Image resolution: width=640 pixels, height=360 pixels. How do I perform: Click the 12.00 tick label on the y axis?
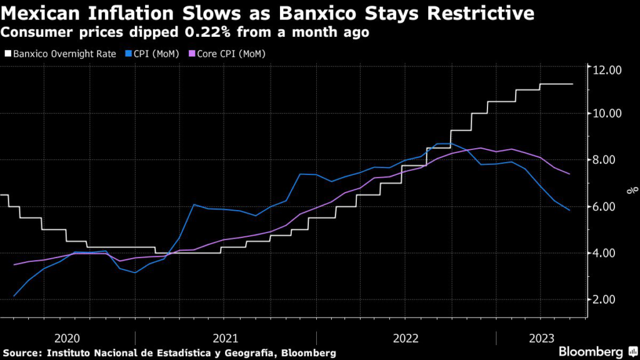[x=608, y=69]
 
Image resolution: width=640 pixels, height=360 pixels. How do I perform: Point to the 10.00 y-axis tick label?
[x=608, y=113]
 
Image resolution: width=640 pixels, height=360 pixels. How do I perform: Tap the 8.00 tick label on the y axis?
[x=608, y=160]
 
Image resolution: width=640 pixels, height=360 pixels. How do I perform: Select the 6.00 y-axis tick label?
[x=608, y=206]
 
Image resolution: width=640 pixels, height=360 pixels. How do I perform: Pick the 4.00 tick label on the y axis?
[x=608, y=252]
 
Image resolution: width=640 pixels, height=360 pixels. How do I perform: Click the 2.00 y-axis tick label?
[x=608, y=299]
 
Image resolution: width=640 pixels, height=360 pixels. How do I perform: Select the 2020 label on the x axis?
[x=67, y=338]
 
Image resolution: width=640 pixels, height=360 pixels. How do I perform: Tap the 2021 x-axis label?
[x=226, y=338]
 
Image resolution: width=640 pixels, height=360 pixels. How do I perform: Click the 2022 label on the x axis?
[x=406, y=338]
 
